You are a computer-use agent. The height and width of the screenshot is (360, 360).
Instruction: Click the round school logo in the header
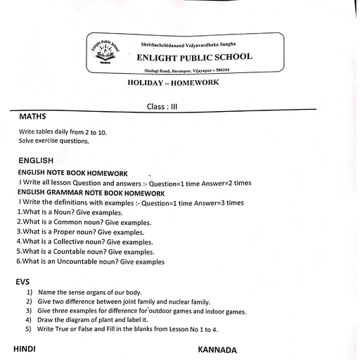coord(105,53)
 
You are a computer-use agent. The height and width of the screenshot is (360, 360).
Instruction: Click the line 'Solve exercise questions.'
coord(54,141)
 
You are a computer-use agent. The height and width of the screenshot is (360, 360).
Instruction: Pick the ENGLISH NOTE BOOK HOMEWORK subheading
coord(72,173)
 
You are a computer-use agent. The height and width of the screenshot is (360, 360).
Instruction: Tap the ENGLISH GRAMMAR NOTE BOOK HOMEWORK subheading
coord(91,193)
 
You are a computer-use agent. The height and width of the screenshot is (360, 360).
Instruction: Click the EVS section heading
coord(22,281)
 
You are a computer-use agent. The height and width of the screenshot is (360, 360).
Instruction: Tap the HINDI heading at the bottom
coord(24,349)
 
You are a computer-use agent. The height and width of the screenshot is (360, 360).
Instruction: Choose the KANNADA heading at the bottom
coord(218,349)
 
